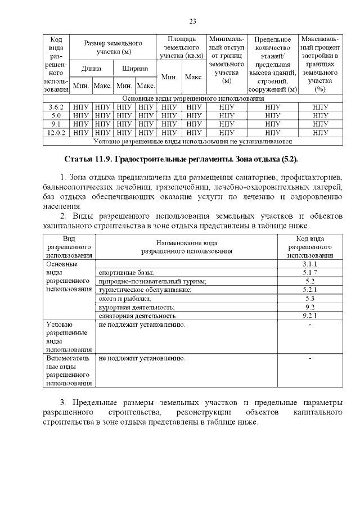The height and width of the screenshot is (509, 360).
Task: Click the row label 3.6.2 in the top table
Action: (x=56, y=106)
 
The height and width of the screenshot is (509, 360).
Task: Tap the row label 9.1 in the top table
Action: (x=56, y=124)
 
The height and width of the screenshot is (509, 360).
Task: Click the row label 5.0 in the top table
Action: (x=56, y=115)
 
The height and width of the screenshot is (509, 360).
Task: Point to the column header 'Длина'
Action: (x=91, y=69)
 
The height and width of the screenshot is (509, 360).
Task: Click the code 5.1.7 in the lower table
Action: (x=309, y=272)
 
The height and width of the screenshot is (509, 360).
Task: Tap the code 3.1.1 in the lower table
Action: (x=309, y=264)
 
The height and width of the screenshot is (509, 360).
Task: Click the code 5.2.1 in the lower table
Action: (x=309, y=290)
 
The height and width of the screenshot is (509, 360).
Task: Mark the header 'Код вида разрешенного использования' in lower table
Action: (x=309, y=247)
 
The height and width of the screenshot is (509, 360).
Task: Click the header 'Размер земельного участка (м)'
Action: (x=113, y=47)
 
